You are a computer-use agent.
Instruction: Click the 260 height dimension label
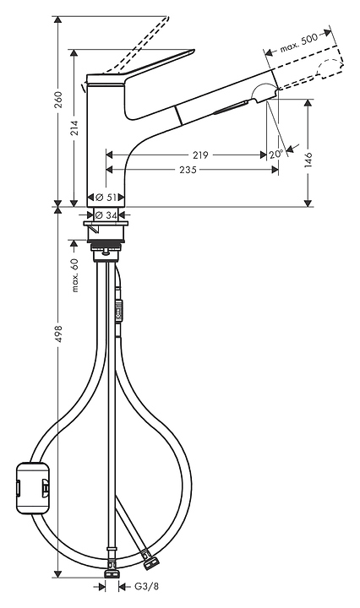[x=58, y=100]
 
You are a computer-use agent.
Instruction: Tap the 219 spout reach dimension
[x=200, y=155]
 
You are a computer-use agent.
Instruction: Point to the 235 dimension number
[x=188, y=170]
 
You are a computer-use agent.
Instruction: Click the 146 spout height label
[x=308, y=160]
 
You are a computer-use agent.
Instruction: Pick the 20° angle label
[x=275, y=155]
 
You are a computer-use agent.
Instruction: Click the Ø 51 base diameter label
[x=106, y=198]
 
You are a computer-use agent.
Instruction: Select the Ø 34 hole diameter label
[x=106, y=214]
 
